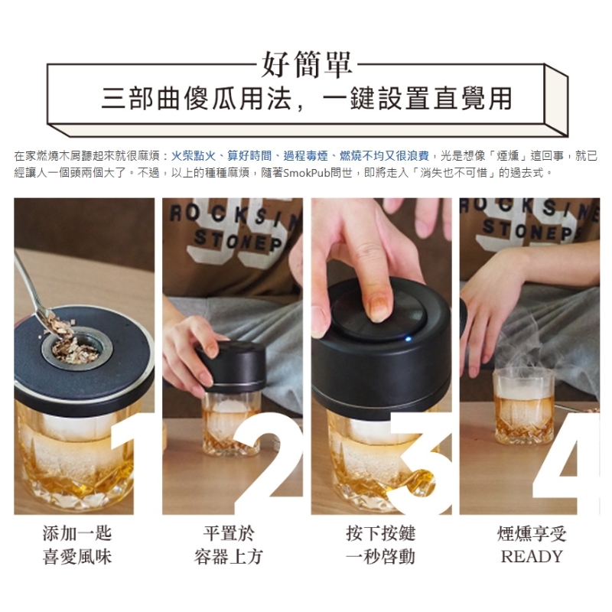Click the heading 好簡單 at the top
[x=307, y=65]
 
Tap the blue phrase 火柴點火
[x=194, y=156]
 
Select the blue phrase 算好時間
[x=249, y=156]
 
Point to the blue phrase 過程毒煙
[x=305, y=156]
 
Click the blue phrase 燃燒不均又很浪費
[x=385, y=156]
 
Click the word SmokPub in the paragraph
[x=307, y=173]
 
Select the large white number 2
[x=269, y=464]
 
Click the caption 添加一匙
[x=77, y=533]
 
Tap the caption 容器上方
[x=229, y=557]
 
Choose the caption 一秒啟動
[x=380, y=557]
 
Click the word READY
[x=532, y=557]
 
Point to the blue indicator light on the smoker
[x=409, y=338]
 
